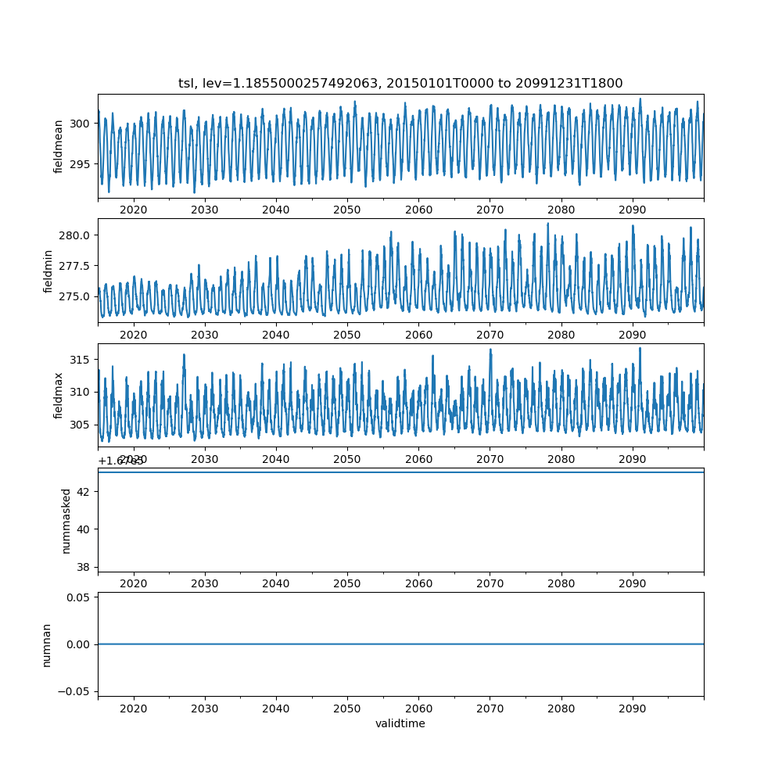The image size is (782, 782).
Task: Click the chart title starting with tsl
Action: [x=400, y=84]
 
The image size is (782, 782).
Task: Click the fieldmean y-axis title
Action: [x=59, y=146]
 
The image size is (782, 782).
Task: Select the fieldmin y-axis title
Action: [x=48, y=271]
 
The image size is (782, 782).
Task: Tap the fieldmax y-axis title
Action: [x=59, y=396]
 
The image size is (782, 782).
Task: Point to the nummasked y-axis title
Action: [x=66, y=520]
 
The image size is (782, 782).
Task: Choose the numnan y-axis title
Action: [x=46, y=644]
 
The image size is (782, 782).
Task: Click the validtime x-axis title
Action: [x=400, y=724]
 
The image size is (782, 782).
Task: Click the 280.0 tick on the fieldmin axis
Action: [x=76, y=235]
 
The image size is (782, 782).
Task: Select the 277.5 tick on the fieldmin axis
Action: [x=76, y=266]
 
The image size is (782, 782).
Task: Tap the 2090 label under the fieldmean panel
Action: [x=632, y=210]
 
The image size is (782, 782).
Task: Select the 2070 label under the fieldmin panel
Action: [x=490, y=335]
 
